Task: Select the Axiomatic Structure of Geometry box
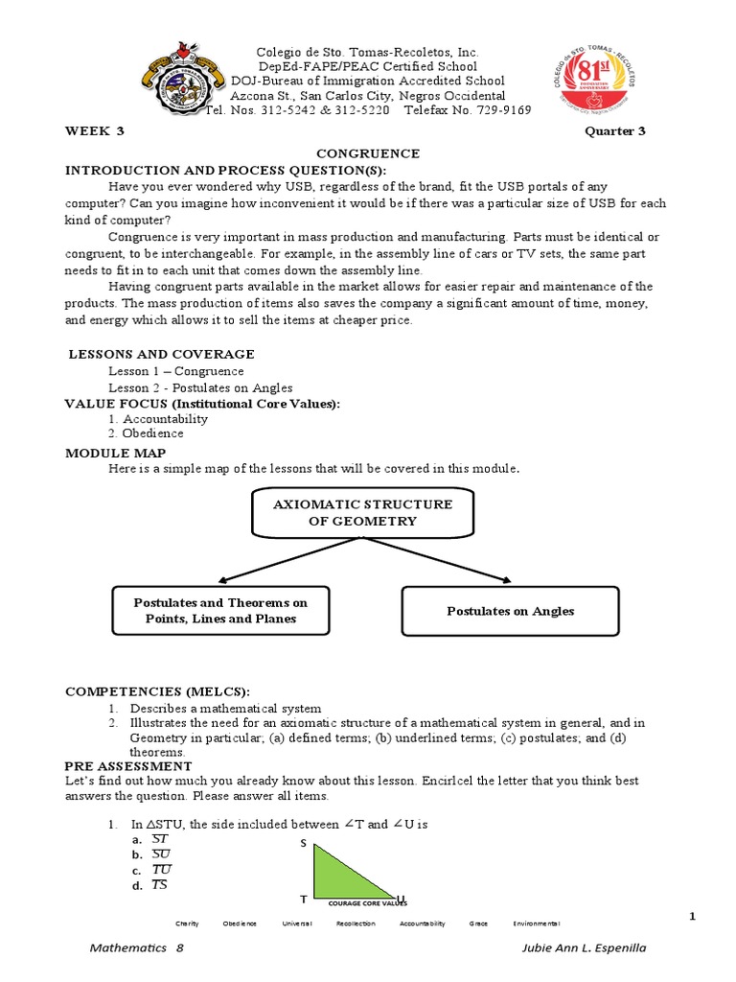[x=362, y=513]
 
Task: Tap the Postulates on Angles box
[x=511, y=611]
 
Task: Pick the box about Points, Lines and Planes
[x=220, y=610]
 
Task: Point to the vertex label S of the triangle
[x=304, y=843]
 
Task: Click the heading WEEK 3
[x=94, y=131]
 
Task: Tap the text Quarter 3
[x=615, y=131]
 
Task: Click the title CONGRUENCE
[x=368, y=153]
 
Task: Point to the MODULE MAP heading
[x=115, y=453]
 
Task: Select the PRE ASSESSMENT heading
[x=128, y=766]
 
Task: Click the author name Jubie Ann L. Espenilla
[x=580, y=947]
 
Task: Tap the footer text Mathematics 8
[x=136, y=947]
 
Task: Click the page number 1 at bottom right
[x=691, y=918]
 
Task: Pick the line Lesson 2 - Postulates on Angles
[x=200, y=387]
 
